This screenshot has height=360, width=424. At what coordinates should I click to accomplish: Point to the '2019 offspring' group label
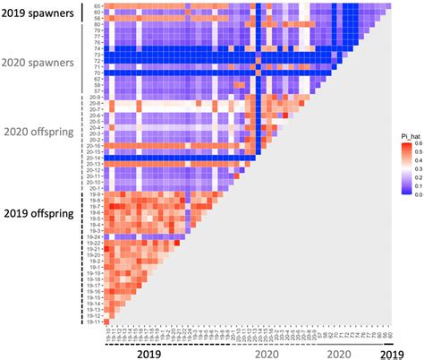[40, 213]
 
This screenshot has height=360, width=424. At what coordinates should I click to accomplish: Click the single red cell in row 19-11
[107, 321]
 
